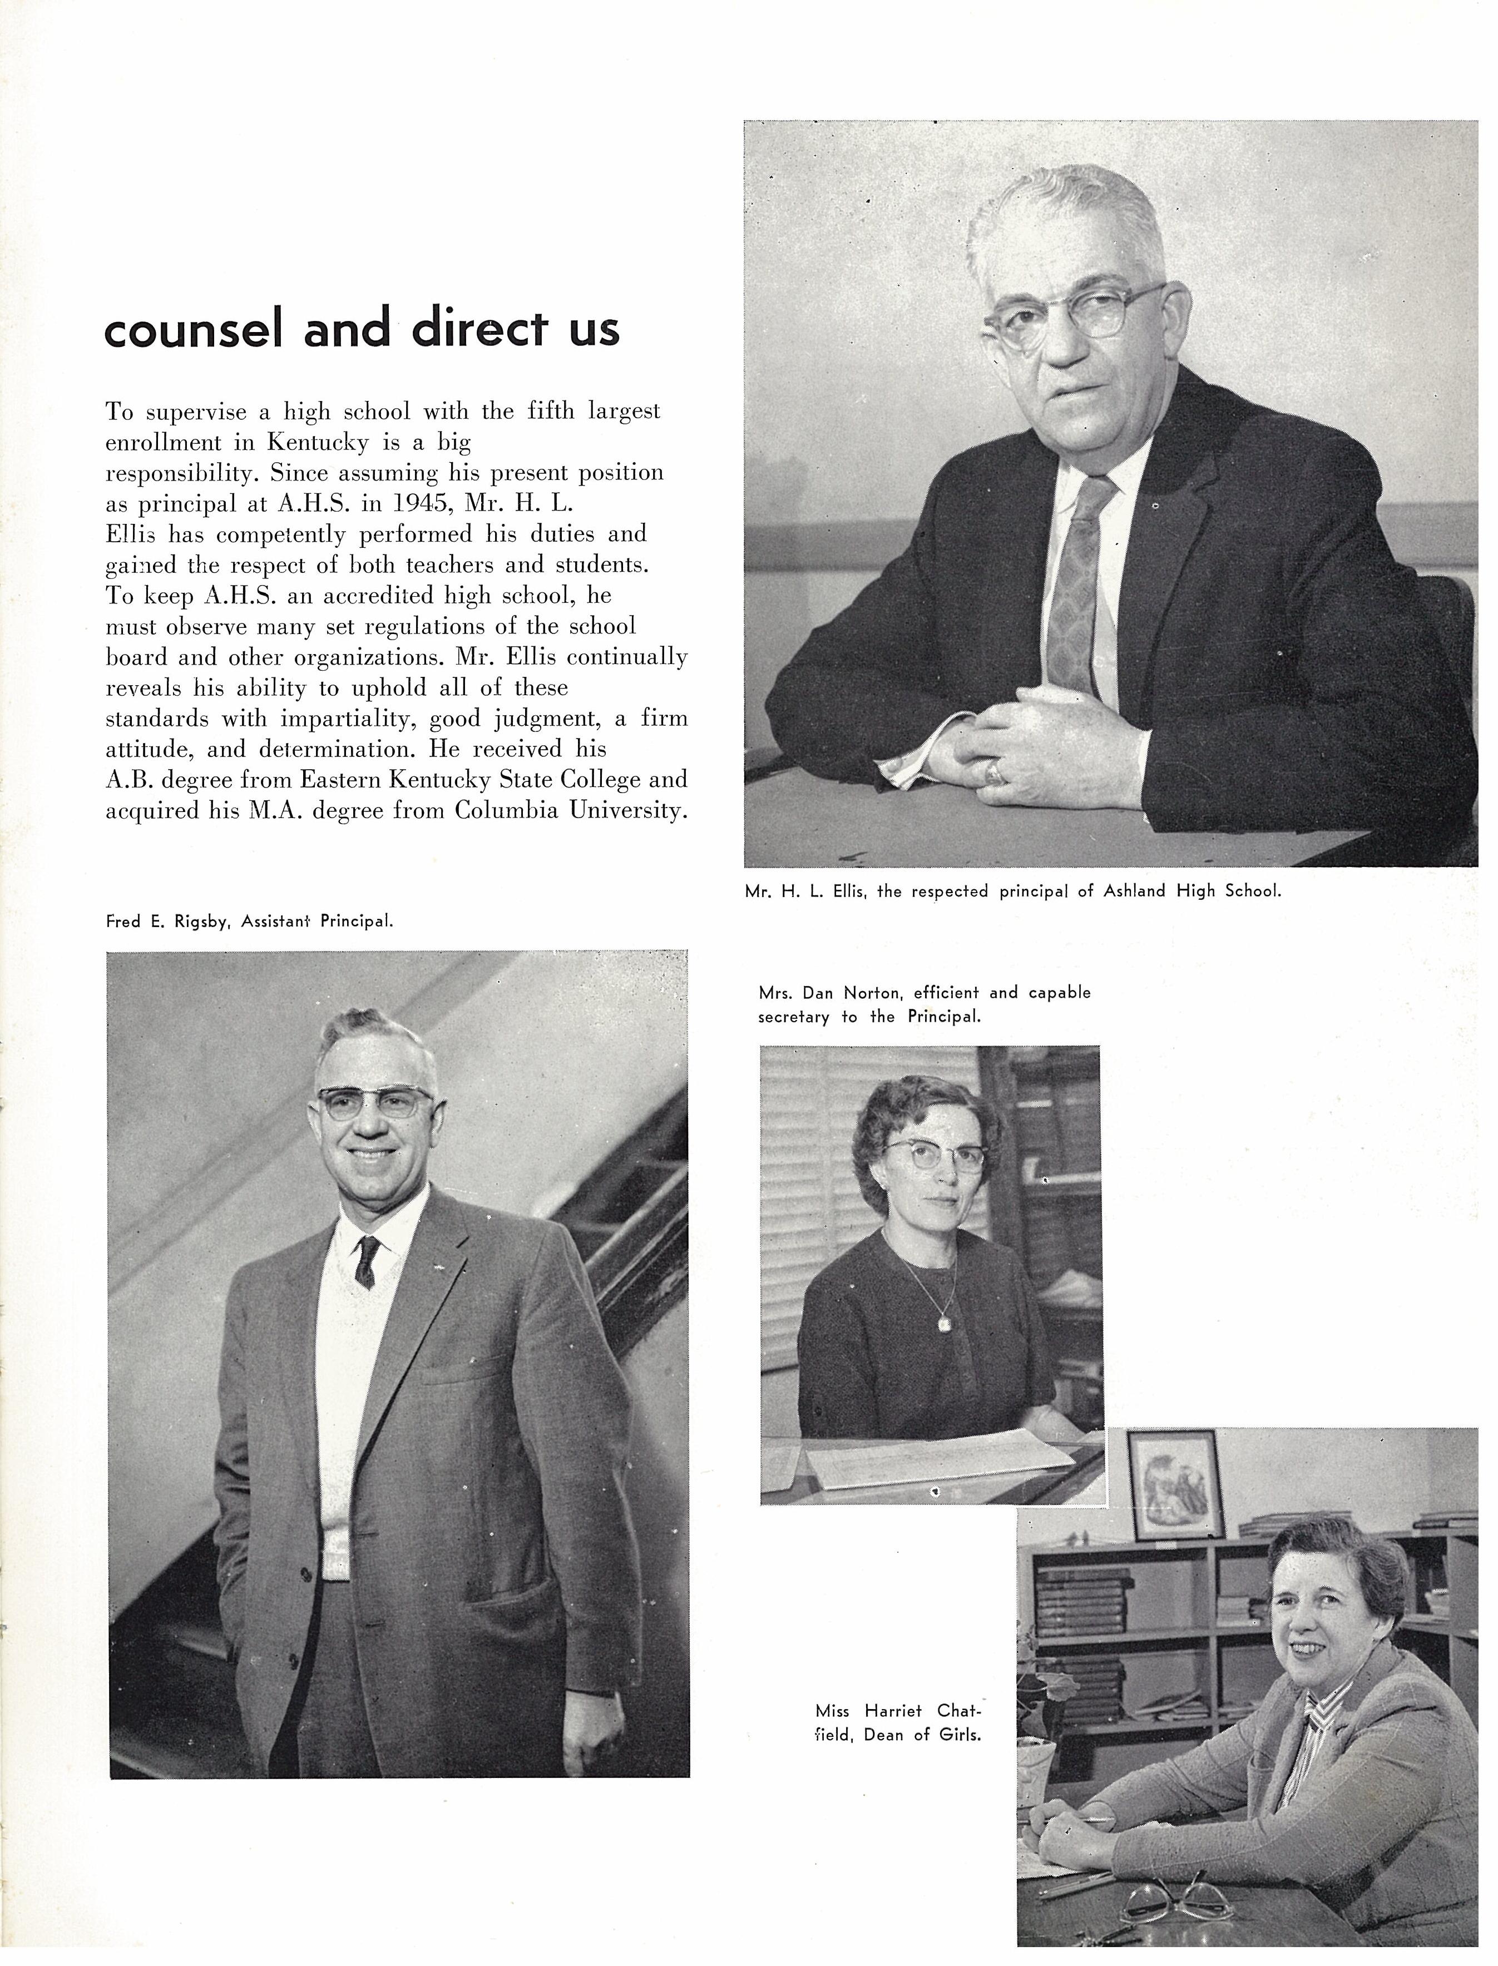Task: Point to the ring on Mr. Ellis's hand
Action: pos(994,771)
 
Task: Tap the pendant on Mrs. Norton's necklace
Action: pos(943,1324)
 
